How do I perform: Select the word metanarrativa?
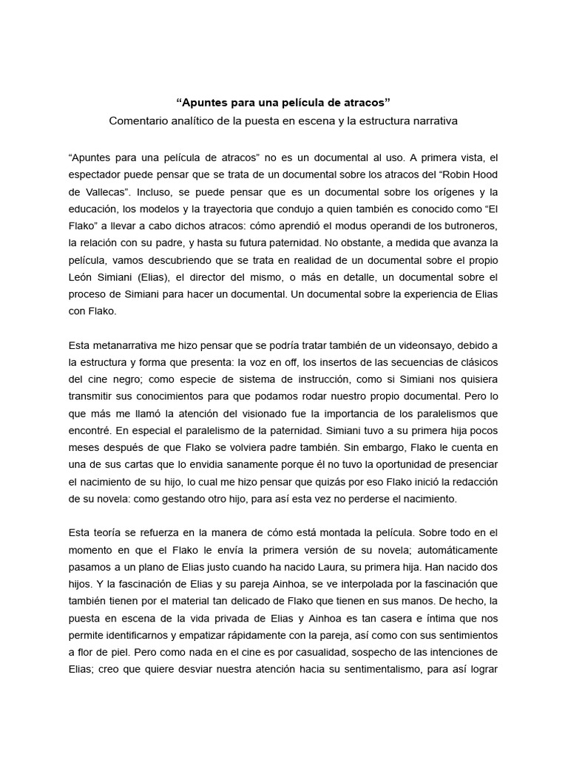click(x=123, y=345)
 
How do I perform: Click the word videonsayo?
click(x=398, y=345)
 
